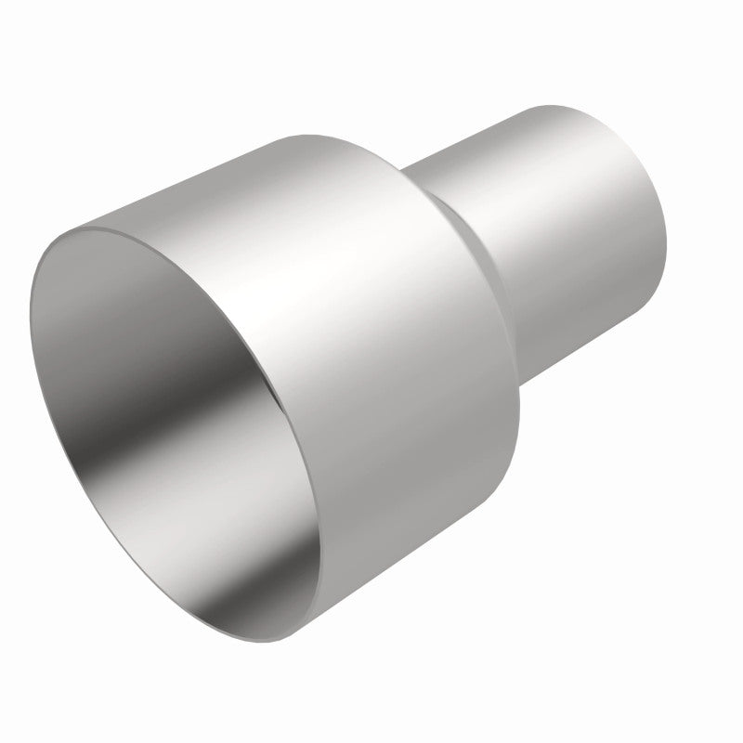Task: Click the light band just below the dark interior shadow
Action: coord(186,464)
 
